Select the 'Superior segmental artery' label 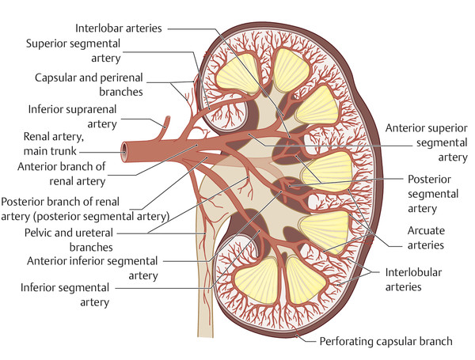point(74,51)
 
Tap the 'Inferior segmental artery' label point(66,294)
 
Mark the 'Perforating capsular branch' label point(386,342)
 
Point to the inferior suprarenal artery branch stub point(166,123)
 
